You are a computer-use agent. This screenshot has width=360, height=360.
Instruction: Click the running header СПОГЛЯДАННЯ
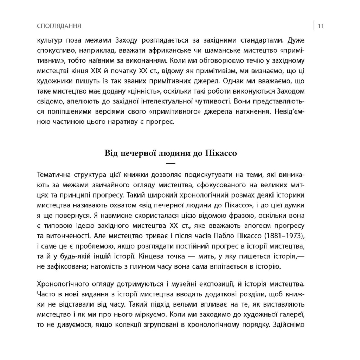point(59,26)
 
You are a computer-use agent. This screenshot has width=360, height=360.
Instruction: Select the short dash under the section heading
point(170,163)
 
